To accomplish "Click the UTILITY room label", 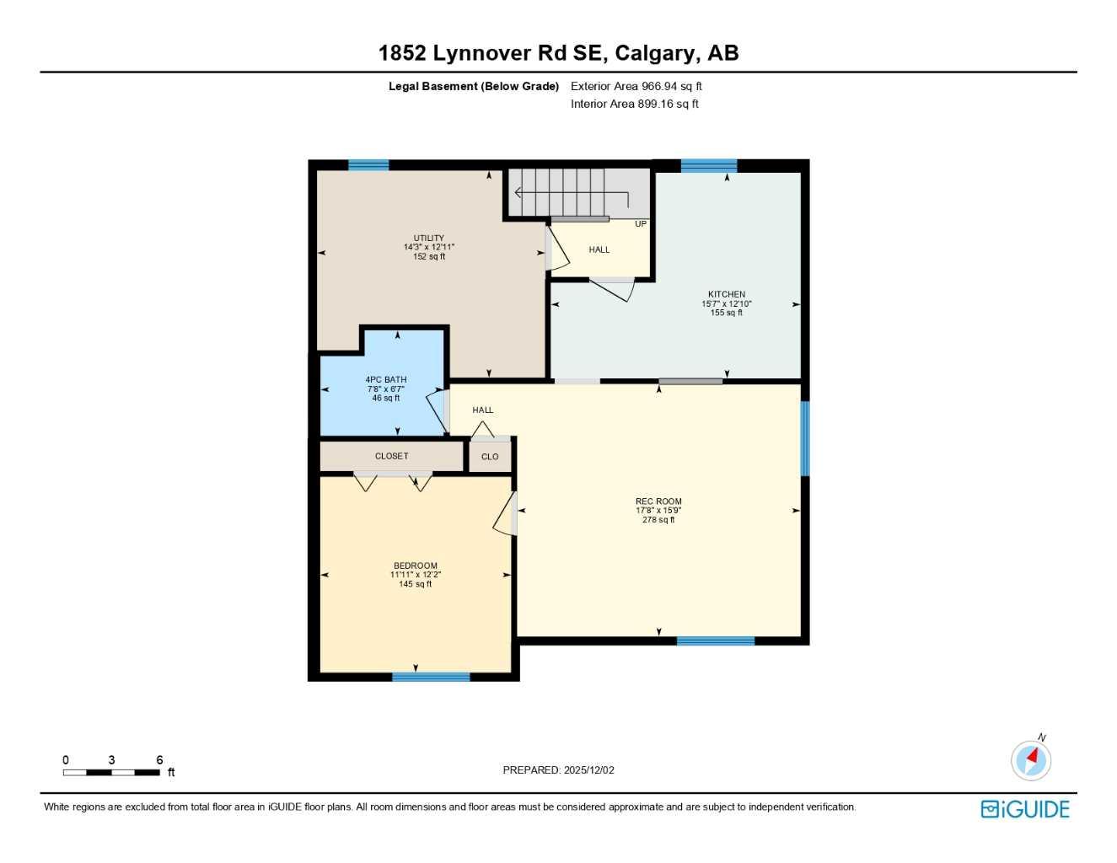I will (428, 239).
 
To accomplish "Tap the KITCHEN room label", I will (726, 294).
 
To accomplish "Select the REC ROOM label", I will (658, 501).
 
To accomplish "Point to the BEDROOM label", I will (415, 566).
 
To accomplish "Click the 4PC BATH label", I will (385, 380).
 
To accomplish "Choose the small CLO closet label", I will (490, 457).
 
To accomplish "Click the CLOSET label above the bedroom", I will (391, 456).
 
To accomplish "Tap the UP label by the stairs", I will (641, 224).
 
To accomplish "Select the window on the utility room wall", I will (368, 165).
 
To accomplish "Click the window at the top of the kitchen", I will (708, 165).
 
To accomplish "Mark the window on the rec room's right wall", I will (804, 438).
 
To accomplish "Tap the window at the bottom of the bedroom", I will (431, 677).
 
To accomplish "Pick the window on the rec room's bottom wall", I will (715, 641).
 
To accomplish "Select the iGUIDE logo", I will (1025, 809).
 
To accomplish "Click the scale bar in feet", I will (111, 772).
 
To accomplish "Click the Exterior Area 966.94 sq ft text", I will (636, 86).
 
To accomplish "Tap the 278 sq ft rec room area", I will (658, 520).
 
